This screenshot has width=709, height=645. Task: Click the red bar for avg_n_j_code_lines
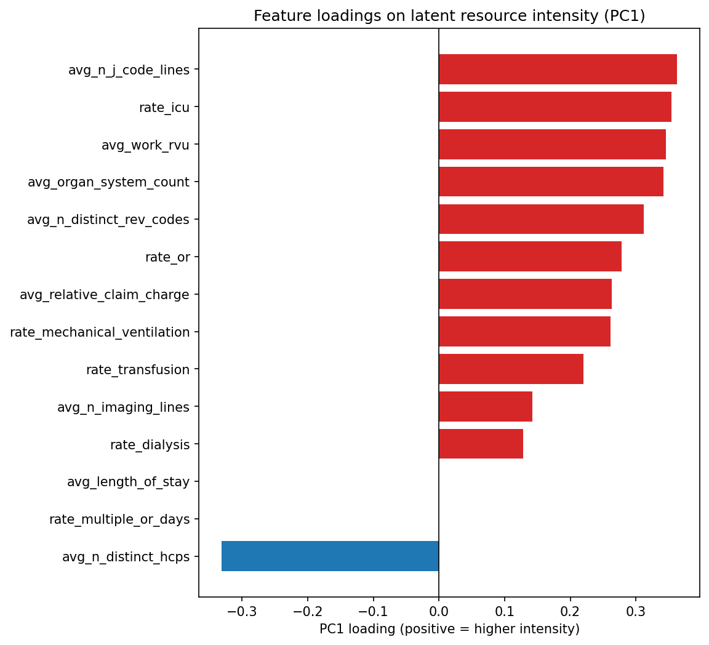(x=557, y=70)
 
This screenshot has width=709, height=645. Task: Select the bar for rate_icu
(x=555, y=107)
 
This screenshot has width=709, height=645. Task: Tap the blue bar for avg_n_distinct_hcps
(x=330, y=556)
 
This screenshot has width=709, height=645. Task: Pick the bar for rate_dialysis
(x=481, y=444)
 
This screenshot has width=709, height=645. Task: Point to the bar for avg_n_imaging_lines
(x=485, y=407)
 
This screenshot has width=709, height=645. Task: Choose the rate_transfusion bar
(x=511, y=369)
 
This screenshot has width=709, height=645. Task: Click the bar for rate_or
(x=530, y=257)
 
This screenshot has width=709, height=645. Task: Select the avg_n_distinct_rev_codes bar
(x=541, y=219)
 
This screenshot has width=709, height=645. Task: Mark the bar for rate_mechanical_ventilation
(x=524, y=332)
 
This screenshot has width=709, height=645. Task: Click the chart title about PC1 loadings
(x=449, y=16)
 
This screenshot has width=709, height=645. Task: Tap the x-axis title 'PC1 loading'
(x=449, y=629)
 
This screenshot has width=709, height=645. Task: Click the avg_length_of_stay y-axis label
(x=128, y=482)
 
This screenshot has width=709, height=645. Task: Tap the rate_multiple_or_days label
(x=119, y=519)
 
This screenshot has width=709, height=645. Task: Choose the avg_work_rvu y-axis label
(x=145, y=145)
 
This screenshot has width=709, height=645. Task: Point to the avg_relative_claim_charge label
(x=105, y=295)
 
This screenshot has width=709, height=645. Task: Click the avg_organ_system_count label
(x=108, y=182)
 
